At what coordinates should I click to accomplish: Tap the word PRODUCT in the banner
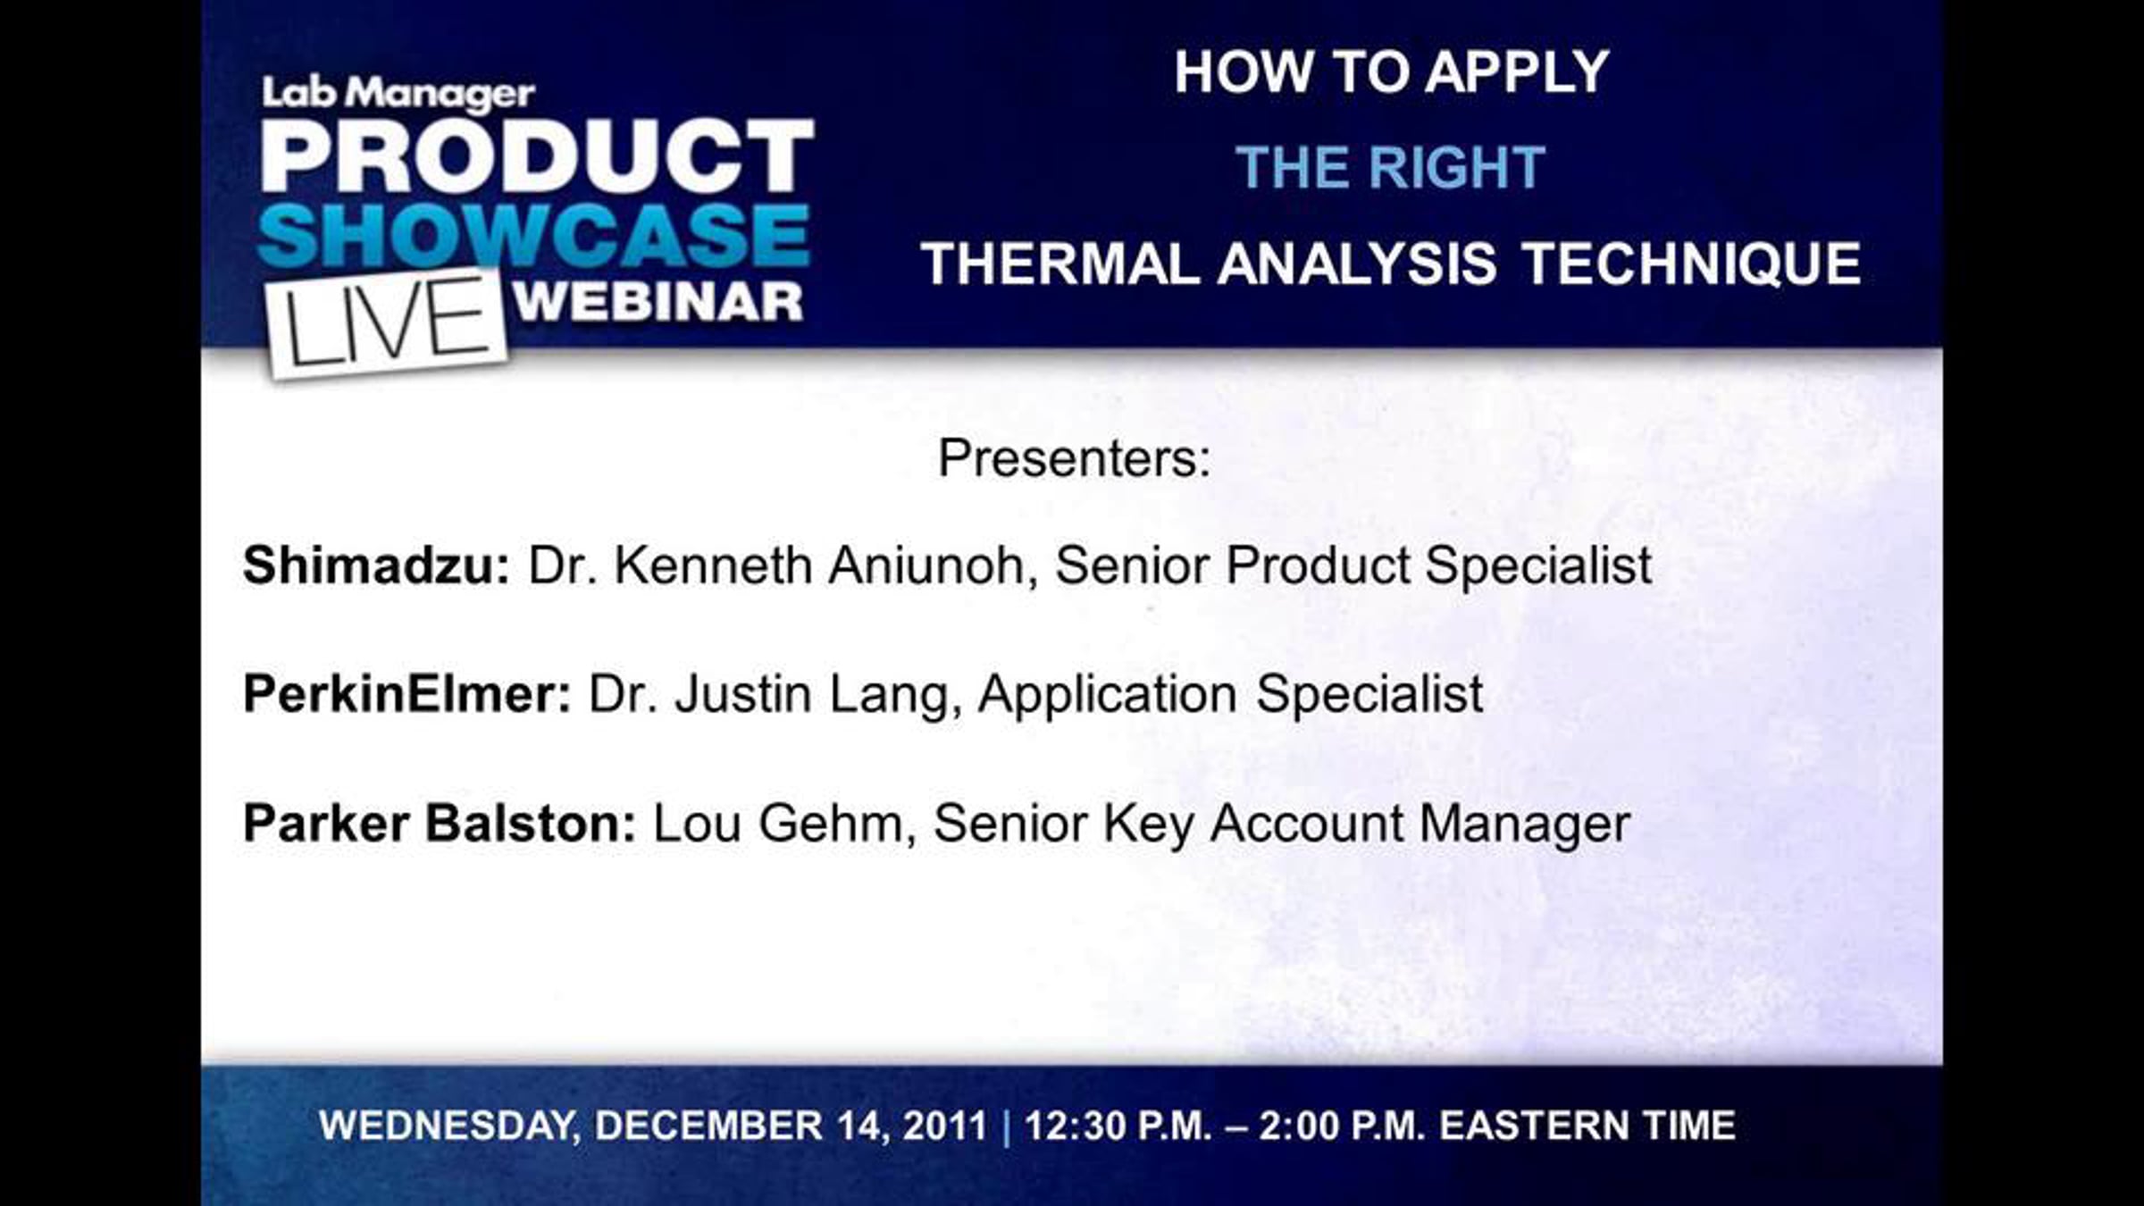tap(538, 155)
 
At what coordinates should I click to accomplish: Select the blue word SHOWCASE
tap(534, 235)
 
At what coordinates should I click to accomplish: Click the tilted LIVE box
tap(386, 323)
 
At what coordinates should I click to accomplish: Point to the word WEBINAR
tap(658, 302)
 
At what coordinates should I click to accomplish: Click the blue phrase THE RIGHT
tap(1391, 167)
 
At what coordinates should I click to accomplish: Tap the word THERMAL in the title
tap(1060, 264)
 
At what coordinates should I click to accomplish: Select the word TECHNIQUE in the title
tap(1691, 265)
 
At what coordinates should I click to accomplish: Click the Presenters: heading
tap(1074, 458)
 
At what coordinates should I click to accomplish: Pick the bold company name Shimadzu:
tap(376, 565)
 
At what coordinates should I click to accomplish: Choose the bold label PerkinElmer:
tap(407, 694)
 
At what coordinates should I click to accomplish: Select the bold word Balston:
tap(531, 823)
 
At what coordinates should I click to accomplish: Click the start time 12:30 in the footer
tap(1068, 1126)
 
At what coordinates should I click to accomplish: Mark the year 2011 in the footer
tap(945, 1126)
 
